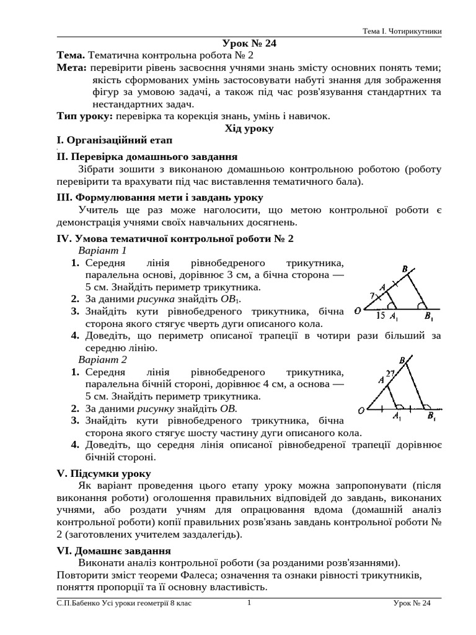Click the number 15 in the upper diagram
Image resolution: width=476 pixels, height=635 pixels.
click(381, 316)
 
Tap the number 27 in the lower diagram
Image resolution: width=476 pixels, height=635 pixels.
click(390, 373)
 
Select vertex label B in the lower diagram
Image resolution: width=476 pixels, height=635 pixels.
click(403, 360)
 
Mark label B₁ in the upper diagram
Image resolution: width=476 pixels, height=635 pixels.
click(429, 317)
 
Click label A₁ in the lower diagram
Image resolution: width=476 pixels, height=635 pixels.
click(397, 418)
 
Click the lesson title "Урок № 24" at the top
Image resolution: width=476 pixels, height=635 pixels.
click(249, 43)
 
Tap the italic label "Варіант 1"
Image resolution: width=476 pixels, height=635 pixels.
click(102, 251)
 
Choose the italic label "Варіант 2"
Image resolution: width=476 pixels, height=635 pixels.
click(102, 360)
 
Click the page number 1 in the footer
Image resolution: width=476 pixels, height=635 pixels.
click(249, 603)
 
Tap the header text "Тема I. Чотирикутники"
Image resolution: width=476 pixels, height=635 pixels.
click(402, 31)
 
